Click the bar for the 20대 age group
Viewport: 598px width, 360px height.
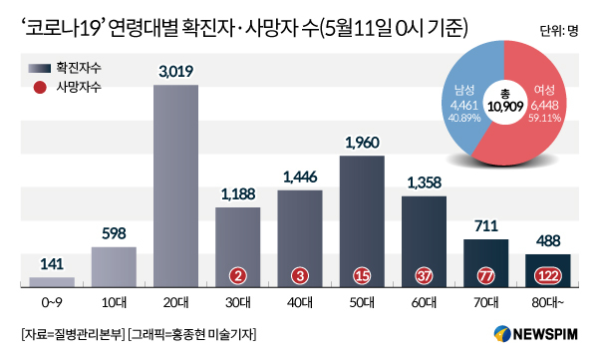tap(175, 185)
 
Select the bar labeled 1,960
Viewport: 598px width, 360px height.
tap(362, 221)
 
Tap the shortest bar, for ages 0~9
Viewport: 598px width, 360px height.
tap(52, 282)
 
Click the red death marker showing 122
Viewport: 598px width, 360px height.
tap(548, 275)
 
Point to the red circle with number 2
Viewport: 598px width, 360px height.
tap(238, 275)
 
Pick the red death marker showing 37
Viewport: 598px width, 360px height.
tap(425, 275)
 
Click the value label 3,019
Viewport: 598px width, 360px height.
tap(175, 72)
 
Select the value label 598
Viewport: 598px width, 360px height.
tap(114, 233)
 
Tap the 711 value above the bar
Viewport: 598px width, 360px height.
tap(486, 226)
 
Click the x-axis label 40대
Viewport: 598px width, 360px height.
tap(300, 303)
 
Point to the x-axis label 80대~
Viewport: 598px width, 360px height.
tap(548, 303)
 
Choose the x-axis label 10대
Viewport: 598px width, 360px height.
tap(114, 303)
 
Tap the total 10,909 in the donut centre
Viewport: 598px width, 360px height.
tap(505, 107)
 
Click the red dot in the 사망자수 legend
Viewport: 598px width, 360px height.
tap(40, 88)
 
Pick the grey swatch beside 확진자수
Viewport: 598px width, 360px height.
tap(39, 69)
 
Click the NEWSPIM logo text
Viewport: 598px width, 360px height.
tap(545, 334)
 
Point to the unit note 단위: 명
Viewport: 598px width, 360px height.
tap(559, 31)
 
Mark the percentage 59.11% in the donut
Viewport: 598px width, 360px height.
tap(544, 118)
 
